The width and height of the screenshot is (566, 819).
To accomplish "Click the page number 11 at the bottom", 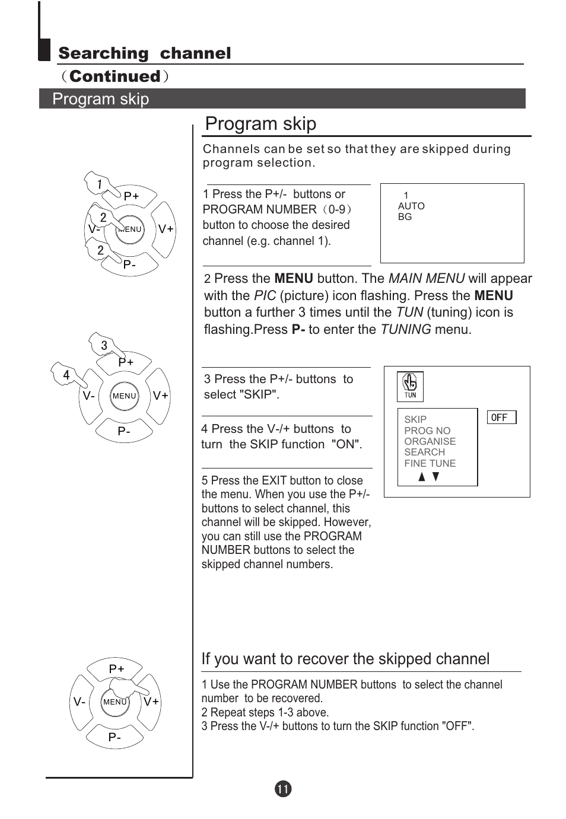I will pyautogui.click(x=283, y=789).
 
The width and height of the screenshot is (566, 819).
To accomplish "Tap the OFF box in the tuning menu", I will pyautogui.click(x=501, y=418).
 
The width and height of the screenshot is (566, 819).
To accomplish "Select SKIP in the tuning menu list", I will pyautogui.click(x=415, y=419).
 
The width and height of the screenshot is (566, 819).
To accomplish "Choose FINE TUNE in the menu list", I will pyautogui.click(x=430, y=463).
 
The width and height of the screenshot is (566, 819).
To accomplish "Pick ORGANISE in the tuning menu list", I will pyautogui.click(x=430, y=441).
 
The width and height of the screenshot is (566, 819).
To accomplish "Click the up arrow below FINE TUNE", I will pyautogui.click(x=422, y=477).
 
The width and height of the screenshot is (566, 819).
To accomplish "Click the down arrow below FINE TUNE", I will pyautogui.click(x=436, y=477).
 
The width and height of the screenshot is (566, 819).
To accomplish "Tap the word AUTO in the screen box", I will pyautogui.click(x=411, y=206).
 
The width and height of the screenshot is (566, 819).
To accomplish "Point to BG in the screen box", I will pyautogui.click(x=405, y=216).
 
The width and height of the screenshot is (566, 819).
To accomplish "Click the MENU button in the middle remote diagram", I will pyautogui.click(x=125, y=396).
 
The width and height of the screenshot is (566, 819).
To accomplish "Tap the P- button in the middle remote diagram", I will pyautogui.click(x=124, y=431).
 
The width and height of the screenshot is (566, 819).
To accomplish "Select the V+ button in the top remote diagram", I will pyautogui.click(x=166, y=229).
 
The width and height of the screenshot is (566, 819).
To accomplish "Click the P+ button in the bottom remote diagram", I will pyautogui.click(x=116, y=669).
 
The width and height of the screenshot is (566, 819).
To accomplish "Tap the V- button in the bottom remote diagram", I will pyautogui.click(x=80, y=702).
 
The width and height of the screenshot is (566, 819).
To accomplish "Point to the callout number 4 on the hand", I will pyautogui.click(x=66, y=375).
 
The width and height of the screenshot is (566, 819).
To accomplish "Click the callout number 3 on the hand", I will pyautogui.click(x=104, y=345).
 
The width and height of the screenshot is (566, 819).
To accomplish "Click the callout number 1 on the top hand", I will pyautogui.click(x=99, y=184).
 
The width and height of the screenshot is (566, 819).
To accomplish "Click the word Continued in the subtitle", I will pyautogui.click(x=115, y=77).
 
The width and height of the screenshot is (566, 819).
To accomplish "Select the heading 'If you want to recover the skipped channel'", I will pyautogui.click(x=345, y=659).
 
